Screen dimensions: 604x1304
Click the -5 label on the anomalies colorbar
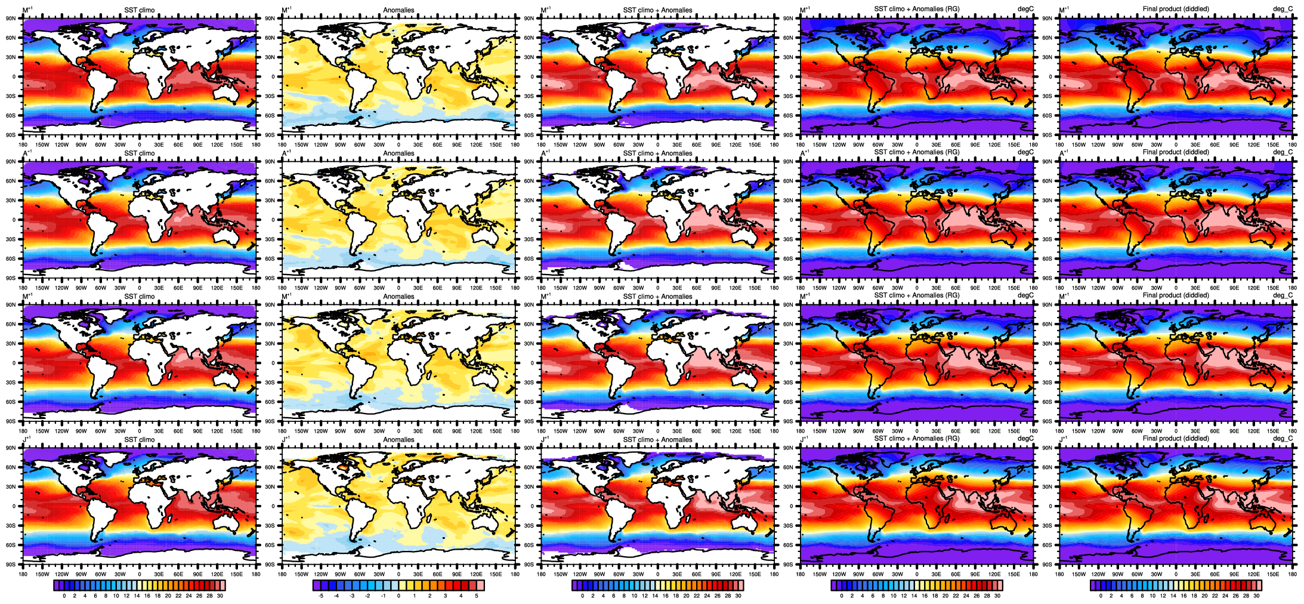(x=321, y=596)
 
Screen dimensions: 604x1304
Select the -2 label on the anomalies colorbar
(x=367, y=596)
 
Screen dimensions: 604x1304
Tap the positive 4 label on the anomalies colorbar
(x=461, y=596)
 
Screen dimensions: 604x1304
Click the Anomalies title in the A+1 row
(x=398, y=153)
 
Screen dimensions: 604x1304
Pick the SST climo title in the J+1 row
(x=139, y=440)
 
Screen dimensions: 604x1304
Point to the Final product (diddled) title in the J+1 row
(x=1176, y=439)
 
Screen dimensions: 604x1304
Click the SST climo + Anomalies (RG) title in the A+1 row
(x=917, y=152)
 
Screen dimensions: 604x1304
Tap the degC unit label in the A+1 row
(x=1025, y=152)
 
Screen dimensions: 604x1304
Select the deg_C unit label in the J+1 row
(x=1283, y=439)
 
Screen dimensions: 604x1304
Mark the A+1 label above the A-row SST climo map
(x=27, y=153)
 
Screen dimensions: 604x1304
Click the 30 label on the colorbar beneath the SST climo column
(x=220, y=596)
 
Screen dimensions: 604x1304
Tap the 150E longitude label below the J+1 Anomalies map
(x=496, y=575)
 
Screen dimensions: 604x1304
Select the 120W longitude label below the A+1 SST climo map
(x=61, y=288)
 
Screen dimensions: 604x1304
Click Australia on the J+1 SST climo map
(x=227, y=523)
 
